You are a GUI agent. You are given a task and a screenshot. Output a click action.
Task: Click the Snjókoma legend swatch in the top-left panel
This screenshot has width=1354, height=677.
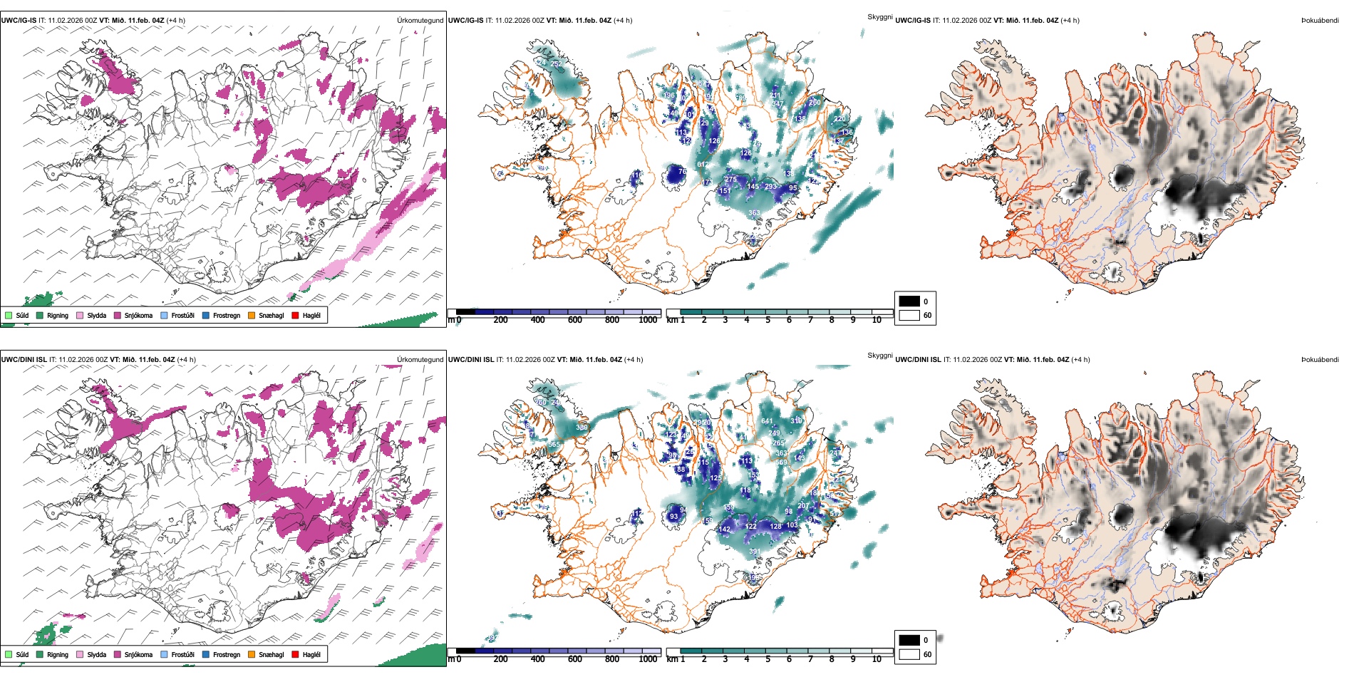(x=118, y=315)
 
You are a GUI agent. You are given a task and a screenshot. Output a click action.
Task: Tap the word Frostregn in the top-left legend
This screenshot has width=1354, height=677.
(x=227, y=315)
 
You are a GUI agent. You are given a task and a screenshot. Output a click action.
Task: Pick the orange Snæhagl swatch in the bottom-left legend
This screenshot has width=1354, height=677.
(x=252, y=654)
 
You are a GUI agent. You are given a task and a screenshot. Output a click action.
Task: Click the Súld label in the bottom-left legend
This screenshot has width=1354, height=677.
(x=22, y=654)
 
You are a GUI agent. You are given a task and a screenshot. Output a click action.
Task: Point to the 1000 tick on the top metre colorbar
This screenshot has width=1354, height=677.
(x=648, y=320)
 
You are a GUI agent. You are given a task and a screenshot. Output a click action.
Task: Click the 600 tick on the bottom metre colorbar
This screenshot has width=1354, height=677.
(x=575, y=659)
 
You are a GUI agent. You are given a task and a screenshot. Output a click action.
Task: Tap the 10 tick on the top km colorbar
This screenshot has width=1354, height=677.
(x=877, y=320)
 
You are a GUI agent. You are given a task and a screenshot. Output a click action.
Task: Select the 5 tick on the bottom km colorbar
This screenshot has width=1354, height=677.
(x=768, y=659)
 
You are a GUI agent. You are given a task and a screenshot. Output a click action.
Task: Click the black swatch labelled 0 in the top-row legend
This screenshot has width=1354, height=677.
(x=909, y=301)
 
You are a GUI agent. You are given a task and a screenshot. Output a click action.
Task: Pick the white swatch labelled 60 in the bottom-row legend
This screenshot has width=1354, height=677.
(x=909, y=654)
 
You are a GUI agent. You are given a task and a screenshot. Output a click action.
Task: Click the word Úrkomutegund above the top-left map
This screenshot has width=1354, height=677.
(x=420, y=21)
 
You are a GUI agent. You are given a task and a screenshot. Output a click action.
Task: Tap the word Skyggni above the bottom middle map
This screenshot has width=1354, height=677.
(x=879, y=355)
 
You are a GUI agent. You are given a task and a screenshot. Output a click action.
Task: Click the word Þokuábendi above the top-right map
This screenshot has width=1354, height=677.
(x=1320, y=21)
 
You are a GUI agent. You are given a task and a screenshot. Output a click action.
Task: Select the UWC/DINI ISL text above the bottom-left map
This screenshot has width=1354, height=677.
(x=24, y=360)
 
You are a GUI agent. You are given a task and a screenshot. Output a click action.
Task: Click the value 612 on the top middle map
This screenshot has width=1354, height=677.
(x=703, y=165)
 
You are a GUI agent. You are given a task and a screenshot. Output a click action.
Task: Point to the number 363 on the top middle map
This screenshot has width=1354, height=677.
(x=754, y=213)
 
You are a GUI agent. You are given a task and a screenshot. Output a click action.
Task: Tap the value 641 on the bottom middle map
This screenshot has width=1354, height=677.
(x=767, y=421)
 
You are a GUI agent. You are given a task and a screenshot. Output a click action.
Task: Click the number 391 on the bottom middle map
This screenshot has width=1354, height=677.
(x=754, y=552)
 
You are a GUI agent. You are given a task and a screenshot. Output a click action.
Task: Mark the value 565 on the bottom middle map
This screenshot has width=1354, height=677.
(x=554, y=445)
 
